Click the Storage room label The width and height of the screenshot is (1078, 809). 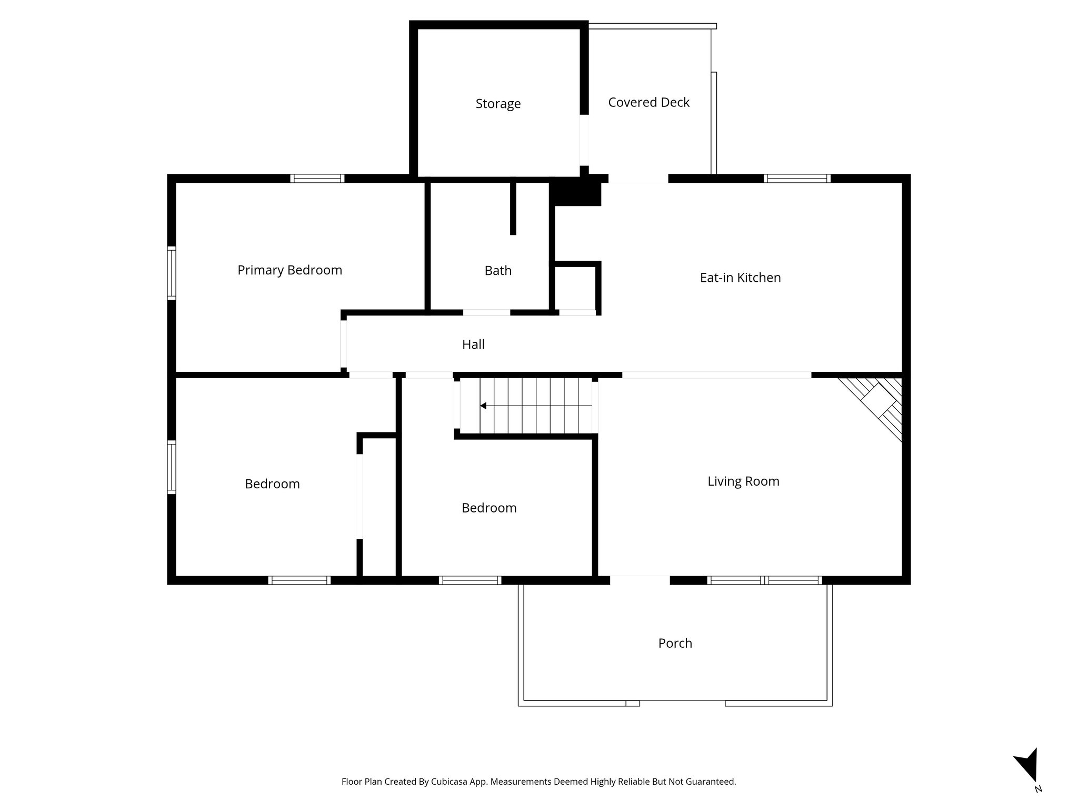tap(498, 104)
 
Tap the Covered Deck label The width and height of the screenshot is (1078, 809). tap(648, 102)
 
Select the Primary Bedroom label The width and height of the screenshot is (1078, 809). tap(290, 270)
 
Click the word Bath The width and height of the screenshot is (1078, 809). tap(498, 271)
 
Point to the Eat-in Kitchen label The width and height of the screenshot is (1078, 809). tap(740, 278)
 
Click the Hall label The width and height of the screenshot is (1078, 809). tap(473, 344)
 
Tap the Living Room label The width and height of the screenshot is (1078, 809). tap(743, 481)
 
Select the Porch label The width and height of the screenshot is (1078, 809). tap(675, 643)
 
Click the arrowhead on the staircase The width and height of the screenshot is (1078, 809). tap(483, 406)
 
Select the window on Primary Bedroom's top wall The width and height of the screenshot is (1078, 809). tap(317, 179)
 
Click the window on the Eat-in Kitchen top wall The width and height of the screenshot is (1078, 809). tap(797, 179)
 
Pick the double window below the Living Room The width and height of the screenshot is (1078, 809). tap(764, 580)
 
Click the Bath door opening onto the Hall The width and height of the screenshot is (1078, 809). tap(486, 313)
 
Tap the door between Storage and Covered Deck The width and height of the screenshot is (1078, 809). tap(584, 140)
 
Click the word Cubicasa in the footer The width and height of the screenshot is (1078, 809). tap(450, 782)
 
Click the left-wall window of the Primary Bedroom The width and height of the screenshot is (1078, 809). tap(172, 273)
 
